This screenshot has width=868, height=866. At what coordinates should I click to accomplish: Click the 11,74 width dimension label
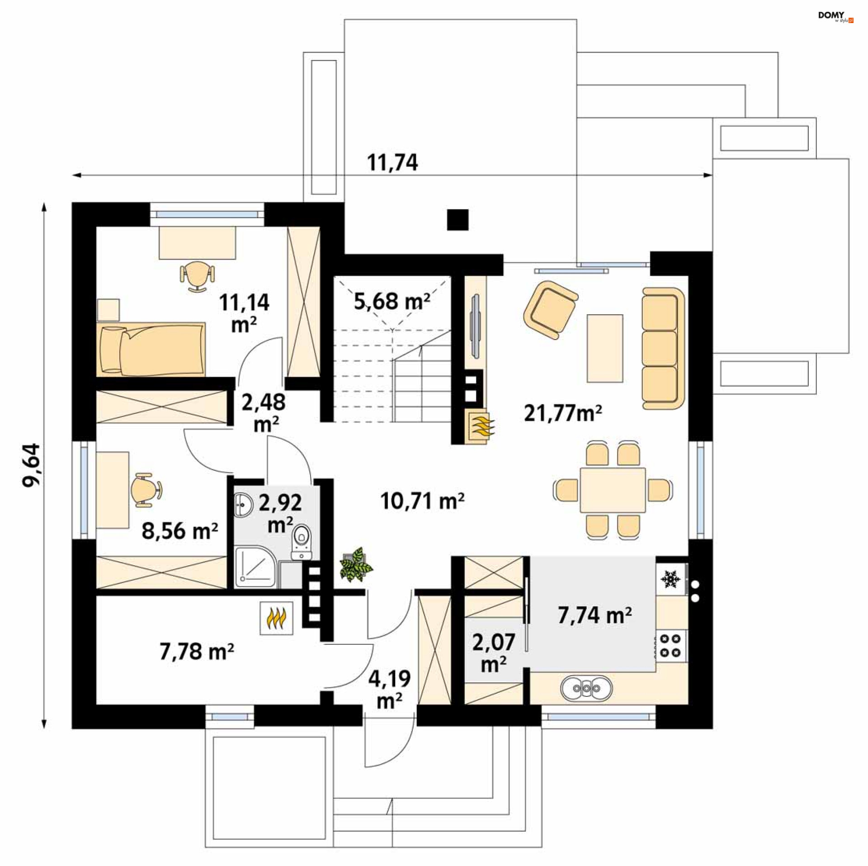(392, 162)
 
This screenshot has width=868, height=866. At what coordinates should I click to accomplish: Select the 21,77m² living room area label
(562, 413)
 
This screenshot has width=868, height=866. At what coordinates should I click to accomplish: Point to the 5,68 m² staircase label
(392, 301)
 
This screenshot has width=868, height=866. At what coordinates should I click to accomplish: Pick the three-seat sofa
(663, 348)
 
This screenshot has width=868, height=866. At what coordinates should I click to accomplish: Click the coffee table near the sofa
(605, 348)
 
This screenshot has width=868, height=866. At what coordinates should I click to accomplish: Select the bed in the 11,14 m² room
(151, 349)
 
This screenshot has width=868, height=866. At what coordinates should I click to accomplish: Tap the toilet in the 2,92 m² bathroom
(302, 540)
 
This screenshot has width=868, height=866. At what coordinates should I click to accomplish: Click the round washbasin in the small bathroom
(245, 504)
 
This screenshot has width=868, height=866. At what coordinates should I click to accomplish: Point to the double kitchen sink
(586, 688)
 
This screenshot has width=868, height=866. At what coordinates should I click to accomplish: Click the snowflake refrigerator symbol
(670, 579)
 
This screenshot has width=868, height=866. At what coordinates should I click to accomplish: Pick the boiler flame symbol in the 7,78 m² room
(277, 618)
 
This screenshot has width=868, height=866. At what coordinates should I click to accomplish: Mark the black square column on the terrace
(458, 220)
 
